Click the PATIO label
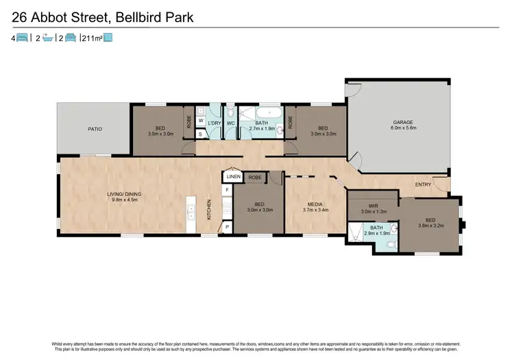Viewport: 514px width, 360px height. point(95,128)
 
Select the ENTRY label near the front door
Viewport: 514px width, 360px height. point(424,185)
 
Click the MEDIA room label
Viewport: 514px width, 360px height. point(315,204)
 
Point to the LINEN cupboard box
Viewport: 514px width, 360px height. point(232,177)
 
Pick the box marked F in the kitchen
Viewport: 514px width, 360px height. point(227,189)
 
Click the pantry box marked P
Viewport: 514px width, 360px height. point(227,226)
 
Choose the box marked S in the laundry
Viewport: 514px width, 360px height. point(201,134)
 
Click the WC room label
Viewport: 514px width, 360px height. point(231,123)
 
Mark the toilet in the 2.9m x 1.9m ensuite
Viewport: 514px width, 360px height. point(390,243)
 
